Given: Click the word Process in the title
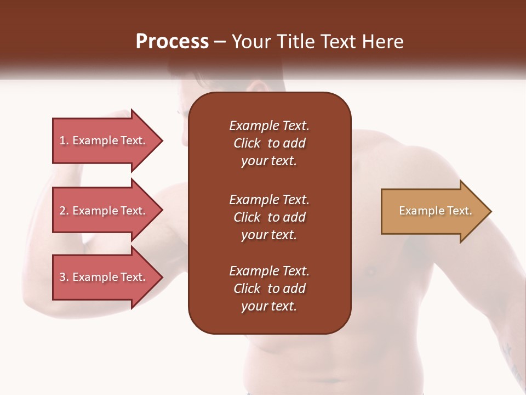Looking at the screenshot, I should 172,42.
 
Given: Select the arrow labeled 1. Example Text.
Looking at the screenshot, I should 104,141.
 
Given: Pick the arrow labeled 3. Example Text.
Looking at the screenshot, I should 104,278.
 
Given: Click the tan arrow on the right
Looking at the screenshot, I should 433,211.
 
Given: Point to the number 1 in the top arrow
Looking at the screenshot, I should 62,141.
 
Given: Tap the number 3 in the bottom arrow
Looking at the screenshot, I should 62,278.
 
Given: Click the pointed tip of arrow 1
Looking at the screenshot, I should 159,141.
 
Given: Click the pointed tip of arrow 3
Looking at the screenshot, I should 159,278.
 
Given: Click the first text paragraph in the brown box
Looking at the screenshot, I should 269,143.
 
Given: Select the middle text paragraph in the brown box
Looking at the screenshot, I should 269,217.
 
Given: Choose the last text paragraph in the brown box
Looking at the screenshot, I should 269,289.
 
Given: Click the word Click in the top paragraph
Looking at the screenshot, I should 247,143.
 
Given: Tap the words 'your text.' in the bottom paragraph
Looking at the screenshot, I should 269,307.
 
